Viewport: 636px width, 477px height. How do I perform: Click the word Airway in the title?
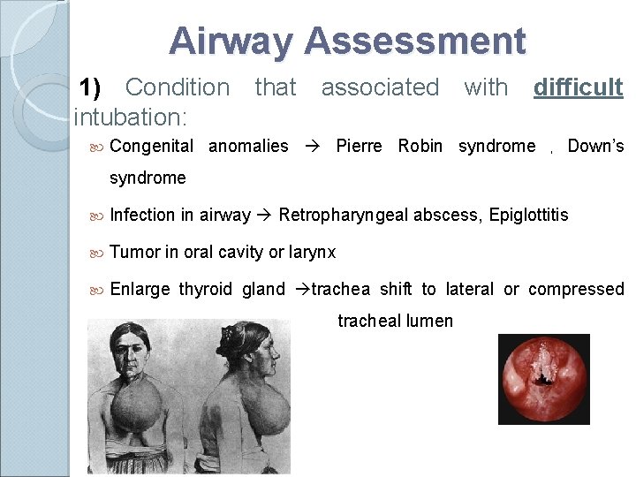click(232, 42)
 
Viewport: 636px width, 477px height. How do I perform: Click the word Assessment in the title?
click(415, 42)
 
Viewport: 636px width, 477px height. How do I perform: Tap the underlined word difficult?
click(578, 87)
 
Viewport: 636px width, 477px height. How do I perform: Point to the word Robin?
click(420, 146)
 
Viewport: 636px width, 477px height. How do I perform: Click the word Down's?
click(595, 146)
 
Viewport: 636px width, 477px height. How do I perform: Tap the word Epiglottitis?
click(529, 215)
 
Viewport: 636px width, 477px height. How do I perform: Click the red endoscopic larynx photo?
click(543, 379)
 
